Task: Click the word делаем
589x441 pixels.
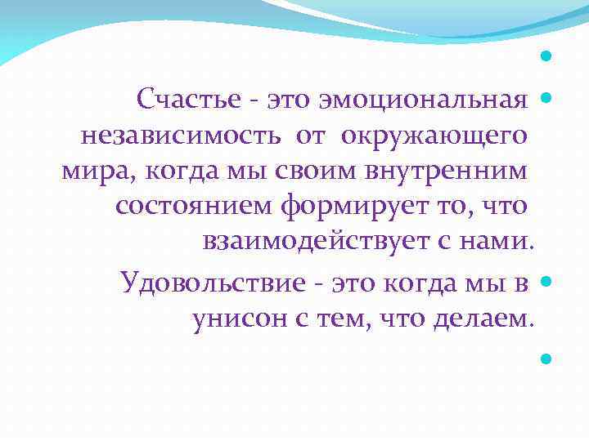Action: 488,318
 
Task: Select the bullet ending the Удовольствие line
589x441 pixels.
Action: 546,280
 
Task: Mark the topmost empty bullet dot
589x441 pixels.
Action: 546,58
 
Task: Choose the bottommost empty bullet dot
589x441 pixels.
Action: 546,357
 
